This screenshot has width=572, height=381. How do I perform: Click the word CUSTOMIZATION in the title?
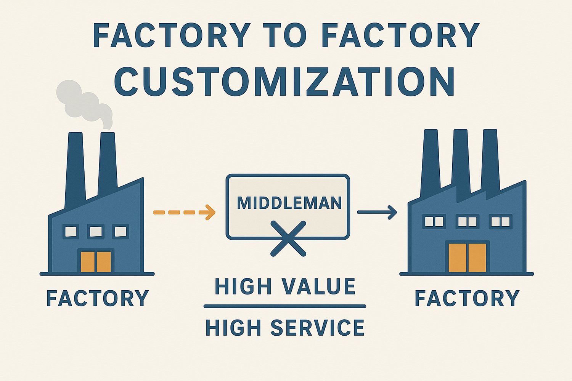click(284, 82)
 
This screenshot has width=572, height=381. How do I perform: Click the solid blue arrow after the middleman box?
click(377, 212)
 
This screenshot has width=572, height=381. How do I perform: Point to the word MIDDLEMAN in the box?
click(289, 203)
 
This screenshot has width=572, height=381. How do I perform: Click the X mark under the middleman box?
click(288, 238)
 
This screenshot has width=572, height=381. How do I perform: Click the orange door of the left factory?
click(96, 261)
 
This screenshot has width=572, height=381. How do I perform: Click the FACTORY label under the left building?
click(97, 298)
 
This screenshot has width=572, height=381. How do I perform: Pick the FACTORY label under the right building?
click(467, 298)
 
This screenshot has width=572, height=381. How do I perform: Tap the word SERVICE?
click(317, 328)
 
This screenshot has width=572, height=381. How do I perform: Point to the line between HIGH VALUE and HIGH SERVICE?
click(285, 306)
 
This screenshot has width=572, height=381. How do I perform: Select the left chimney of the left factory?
click(75, 168)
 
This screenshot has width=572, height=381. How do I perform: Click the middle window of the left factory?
click(95, 231)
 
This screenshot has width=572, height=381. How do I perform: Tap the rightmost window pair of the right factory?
click(501, 221)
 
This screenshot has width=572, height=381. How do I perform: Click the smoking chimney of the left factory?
click(108, 164)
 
